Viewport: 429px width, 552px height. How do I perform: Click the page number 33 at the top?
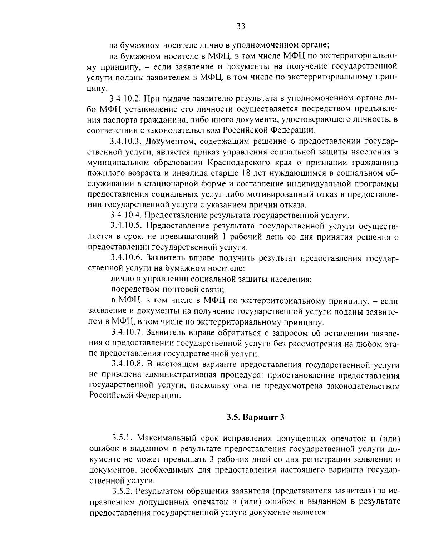pos(240,26)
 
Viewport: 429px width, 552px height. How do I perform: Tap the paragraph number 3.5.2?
pos(123,491)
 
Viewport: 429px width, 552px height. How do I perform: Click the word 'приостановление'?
pos(299,375)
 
